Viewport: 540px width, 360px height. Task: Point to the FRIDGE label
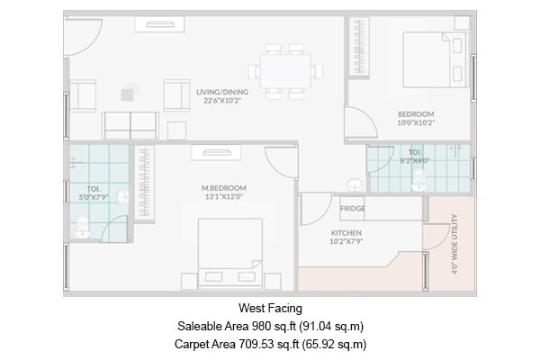coord(352,209)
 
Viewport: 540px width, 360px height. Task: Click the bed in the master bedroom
coord(230,253)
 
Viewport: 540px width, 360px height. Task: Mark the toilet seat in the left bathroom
coord(84,225)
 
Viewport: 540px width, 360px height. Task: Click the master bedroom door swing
coord(282,161)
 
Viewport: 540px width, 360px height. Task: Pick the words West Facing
coord(269,308)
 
